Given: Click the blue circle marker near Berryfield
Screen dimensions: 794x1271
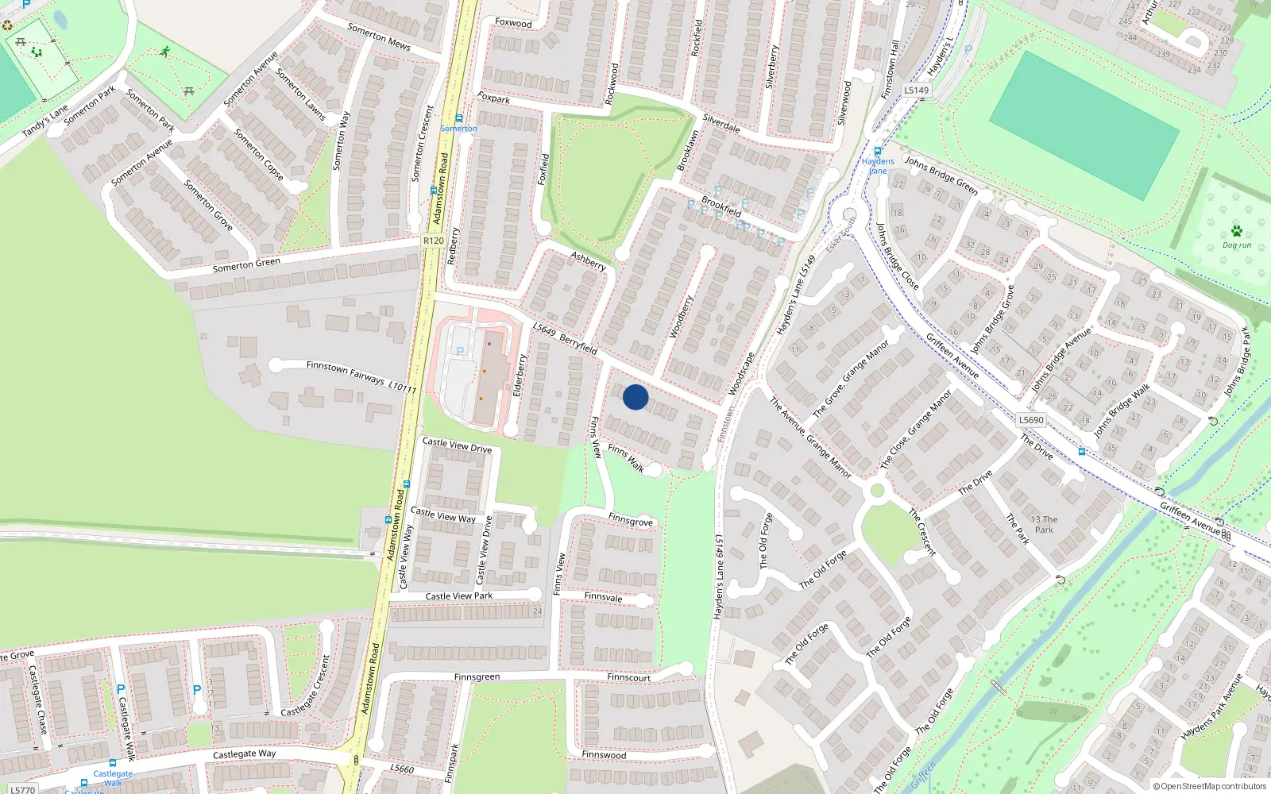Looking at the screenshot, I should (635, 397).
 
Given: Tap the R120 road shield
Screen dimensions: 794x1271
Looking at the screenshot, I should (433, 241).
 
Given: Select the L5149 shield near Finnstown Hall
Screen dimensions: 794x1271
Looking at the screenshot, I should (916, 90).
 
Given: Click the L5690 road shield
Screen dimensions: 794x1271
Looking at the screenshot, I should (1031, 420).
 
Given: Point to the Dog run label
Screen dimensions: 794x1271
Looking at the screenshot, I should (1237, 245).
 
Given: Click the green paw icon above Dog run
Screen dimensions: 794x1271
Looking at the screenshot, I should (1237, 231).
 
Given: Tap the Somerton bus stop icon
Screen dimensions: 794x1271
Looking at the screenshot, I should (458, 118).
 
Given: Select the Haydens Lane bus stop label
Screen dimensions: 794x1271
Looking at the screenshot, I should (878, 166).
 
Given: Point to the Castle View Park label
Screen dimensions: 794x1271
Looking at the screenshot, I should (458, 596).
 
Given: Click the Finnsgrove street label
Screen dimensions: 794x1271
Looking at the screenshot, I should (631, 520).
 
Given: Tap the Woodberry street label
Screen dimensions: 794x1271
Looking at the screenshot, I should (681, 317).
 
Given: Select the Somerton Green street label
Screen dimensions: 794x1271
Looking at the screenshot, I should (246, 264).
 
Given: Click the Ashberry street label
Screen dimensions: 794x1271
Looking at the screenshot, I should (589, 260).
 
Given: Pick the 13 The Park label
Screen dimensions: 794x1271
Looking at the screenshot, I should (1044, 525).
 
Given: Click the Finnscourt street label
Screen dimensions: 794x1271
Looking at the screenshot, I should (628, 677).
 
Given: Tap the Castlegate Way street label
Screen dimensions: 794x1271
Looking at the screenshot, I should (244, 754).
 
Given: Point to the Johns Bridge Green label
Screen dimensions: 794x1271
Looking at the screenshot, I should (941, 175).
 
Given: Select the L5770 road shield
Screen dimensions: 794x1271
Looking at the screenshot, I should (22, 790).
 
